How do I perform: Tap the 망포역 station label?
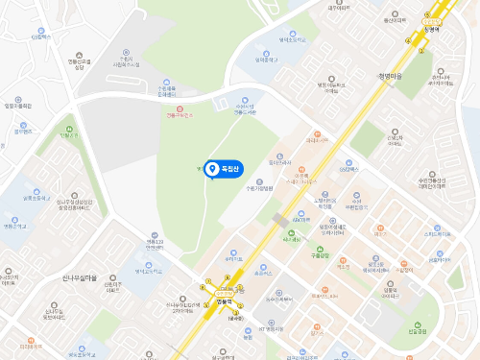pos(425,29)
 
